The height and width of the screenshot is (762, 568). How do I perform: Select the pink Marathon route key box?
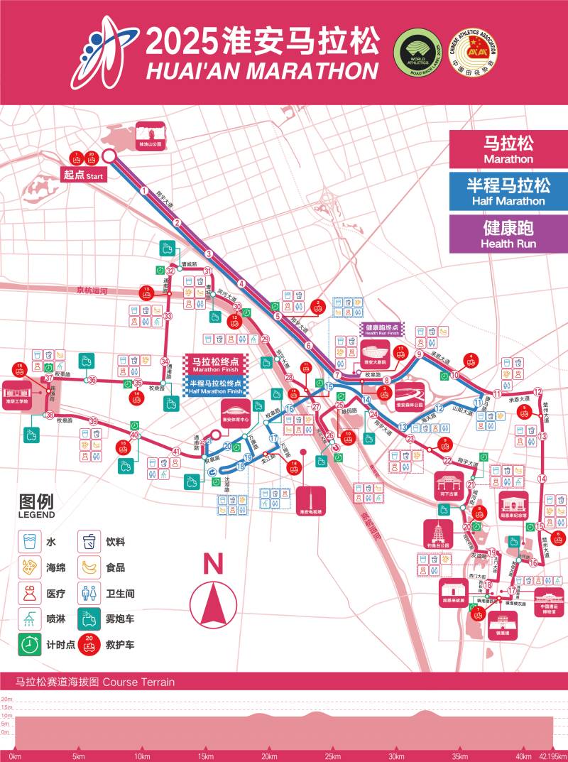coord(508,150)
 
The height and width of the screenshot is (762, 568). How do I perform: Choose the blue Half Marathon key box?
coord(508,192)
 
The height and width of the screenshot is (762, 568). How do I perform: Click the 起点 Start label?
coord(84,175)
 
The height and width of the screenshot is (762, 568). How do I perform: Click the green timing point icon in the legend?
coord(28,645)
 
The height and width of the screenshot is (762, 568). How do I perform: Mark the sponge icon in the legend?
coord(28,567)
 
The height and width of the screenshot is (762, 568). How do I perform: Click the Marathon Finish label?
coord(216,364)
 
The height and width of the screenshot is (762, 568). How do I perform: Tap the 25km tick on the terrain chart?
coord(332,756)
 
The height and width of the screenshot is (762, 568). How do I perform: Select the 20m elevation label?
coord(6,700)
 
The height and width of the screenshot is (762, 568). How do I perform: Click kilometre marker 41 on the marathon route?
coord(176,451)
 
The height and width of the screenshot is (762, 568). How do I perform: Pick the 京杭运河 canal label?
coord(92,290)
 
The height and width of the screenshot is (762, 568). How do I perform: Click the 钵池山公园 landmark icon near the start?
coord(151,135)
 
